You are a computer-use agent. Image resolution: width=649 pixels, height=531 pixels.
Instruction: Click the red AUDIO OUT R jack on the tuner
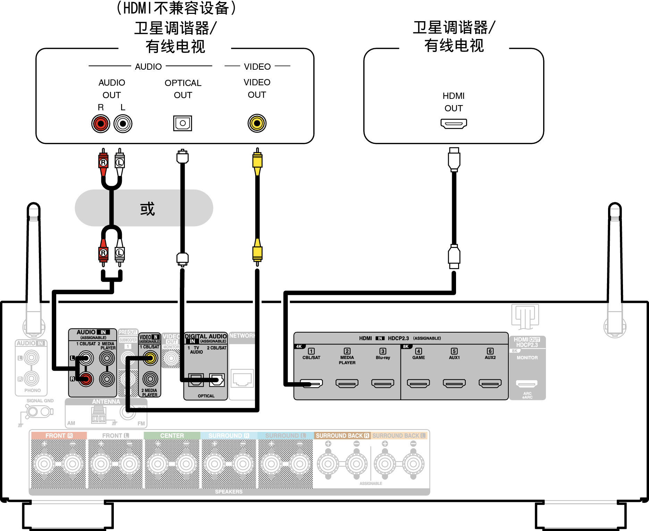(101, 123)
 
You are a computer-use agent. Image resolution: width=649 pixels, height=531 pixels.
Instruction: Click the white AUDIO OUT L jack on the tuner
(123, 123)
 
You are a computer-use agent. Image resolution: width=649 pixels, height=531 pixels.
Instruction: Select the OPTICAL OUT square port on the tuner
(183, 123)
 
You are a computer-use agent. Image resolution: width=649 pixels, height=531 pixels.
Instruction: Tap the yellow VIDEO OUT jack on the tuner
(257, 123)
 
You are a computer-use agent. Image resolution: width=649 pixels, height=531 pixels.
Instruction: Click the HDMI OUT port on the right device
(454, 123)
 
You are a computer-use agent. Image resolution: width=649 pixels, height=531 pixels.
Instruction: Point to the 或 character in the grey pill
(147, 209)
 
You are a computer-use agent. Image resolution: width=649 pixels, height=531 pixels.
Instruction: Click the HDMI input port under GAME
(418, 383)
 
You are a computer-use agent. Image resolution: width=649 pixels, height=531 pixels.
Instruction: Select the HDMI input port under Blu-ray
(382, 383)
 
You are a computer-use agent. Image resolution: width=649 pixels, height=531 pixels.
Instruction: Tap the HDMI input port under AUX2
(490, 383)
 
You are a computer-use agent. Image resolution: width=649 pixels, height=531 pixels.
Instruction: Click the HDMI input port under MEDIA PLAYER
(347, 383)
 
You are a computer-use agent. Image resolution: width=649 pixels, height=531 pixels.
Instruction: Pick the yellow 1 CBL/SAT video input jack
(150, 358)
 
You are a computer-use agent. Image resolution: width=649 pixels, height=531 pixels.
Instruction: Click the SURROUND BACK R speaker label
(342, 436)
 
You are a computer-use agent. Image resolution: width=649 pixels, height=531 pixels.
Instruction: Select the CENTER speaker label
(172, 436)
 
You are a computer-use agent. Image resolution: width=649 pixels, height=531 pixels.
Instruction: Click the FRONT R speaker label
(59, 436)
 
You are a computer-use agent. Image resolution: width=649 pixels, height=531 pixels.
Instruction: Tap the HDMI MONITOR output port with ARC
(526, 384)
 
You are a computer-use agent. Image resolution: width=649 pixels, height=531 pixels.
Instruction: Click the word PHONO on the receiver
(33, 390)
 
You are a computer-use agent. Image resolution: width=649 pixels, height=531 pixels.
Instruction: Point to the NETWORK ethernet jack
(242, 378)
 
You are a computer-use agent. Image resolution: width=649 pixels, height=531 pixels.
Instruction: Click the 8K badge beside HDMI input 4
(406, 346)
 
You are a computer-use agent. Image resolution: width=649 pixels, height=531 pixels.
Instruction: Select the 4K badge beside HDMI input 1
(299, 346)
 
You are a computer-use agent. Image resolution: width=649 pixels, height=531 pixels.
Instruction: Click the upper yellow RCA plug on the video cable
(257, 162)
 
